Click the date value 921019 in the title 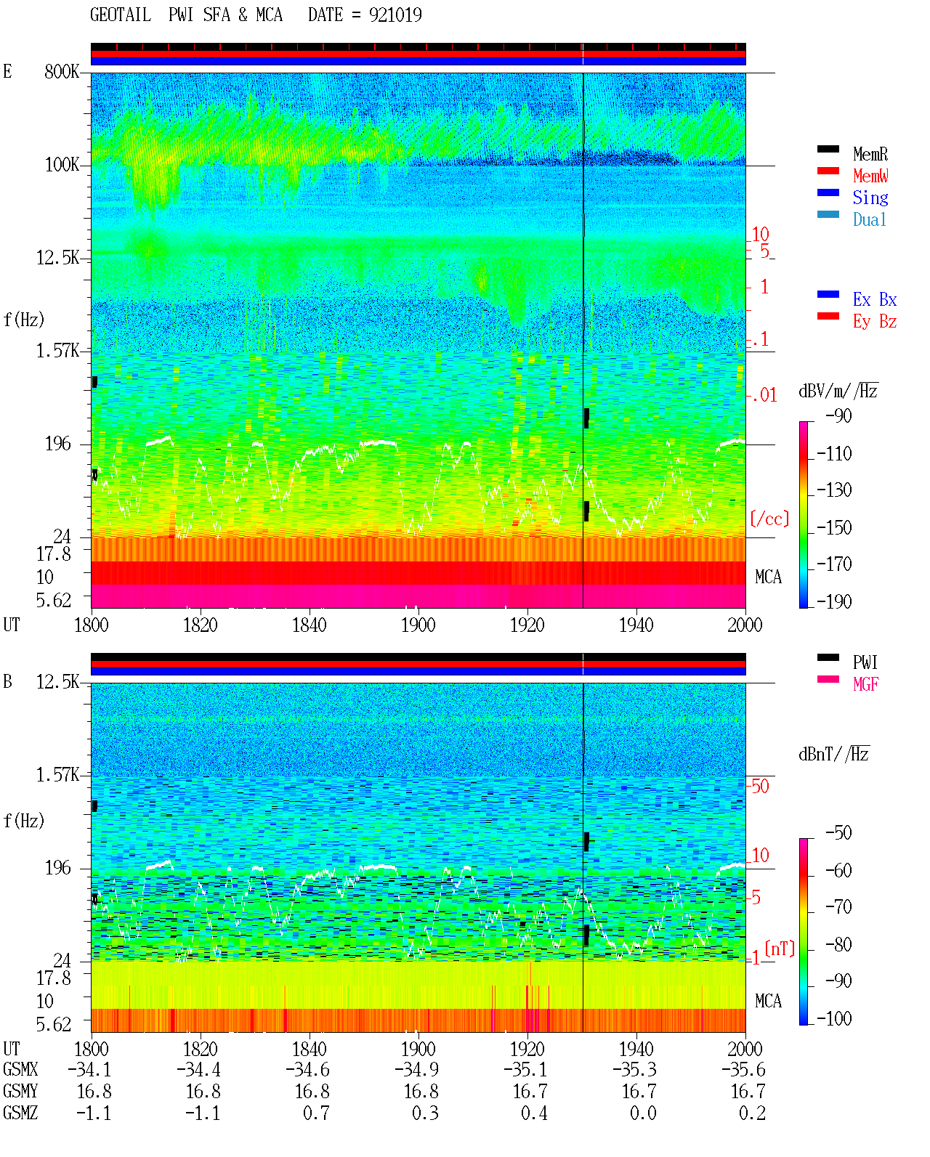395,15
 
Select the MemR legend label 870,154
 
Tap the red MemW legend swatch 828,171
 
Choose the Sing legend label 870,198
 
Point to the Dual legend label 870,219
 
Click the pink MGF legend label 865,684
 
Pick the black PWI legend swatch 828,657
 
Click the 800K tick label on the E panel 62,71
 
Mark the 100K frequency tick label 62,165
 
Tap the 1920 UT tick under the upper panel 527,625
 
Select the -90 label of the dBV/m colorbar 838,415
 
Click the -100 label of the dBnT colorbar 834,1018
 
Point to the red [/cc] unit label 769,519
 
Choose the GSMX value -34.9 418,1069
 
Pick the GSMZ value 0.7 316,1113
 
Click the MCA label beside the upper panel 768,577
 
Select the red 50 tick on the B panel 760,786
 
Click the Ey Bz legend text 875,322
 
